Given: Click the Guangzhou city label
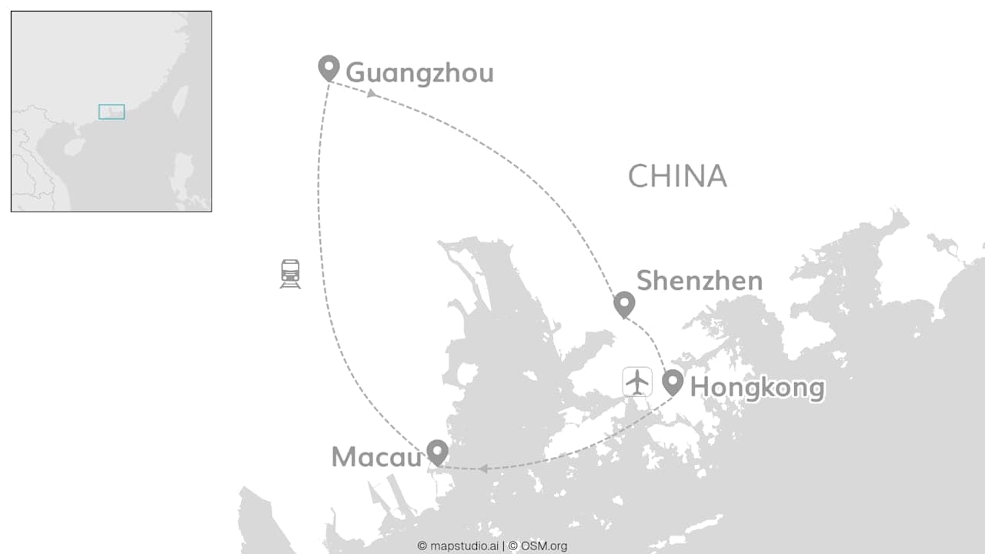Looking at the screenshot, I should tap(419, 73).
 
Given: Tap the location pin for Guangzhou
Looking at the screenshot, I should tap(329, 67).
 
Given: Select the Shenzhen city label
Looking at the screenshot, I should tap(700, 281).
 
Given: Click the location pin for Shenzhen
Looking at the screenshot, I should tap(624, 304).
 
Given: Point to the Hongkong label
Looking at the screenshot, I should tap(757, 387).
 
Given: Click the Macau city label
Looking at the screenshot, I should tap(377, 457).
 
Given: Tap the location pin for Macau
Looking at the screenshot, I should tap(437, 452).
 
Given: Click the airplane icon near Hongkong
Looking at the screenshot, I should tap(637, 382).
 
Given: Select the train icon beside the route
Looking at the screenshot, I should tap(290, 274).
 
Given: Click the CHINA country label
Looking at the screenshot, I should tap(677, 176).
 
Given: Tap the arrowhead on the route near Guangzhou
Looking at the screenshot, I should tap(372, 93).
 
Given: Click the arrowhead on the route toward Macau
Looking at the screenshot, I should tap(482, 468).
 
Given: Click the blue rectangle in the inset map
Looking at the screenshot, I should tap(112, 112).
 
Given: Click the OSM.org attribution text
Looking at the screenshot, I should tap(543, 546).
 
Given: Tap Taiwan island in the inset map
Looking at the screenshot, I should tap(179, 100).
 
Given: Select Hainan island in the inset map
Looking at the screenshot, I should tap(74, 146).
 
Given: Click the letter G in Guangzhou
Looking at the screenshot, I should tap(355, 73).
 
